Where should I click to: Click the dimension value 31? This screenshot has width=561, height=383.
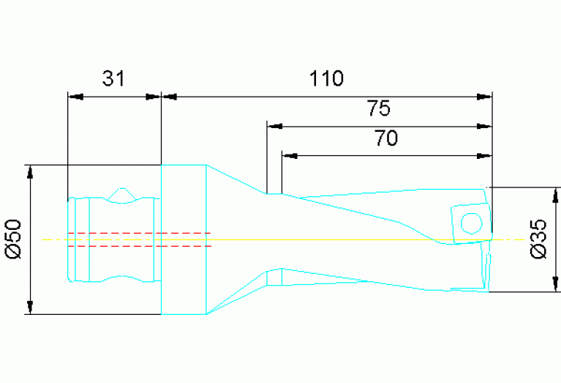click(x=113, y=79)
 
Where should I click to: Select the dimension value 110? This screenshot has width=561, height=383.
click(x=326, y=78)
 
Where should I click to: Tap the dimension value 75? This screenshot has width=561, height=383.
click(x=379, y=109)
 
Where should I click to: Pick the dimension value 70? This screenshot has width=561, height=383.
click(x=385, y=138)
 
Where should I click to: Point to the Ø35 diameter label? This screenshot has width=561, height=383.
click(x=539, y=239)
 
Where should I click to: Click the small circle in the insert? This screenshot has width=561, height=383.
click(x=471, y=221)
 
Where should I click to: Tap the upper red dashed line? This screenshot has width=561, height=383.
click(x=139, y=233)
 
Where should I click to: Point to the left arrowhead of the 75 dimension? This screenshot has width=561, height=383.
click(x=275, y=126)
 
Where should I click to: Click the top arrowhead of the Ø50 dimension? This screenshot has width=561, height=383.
click(x=30, y=172)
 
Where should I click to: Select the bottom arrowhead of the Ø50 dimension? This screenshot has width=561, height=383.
click(x=30, y=306)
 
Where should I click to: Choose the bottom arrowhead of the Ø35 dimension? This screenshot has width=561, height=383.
click(x=556, y=283)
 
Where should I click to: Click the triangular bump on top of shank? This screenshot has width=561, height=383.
click(x=121, y=194)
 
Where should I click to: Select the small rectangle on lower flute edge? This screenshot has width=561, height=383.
click(x=274, y=278)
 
